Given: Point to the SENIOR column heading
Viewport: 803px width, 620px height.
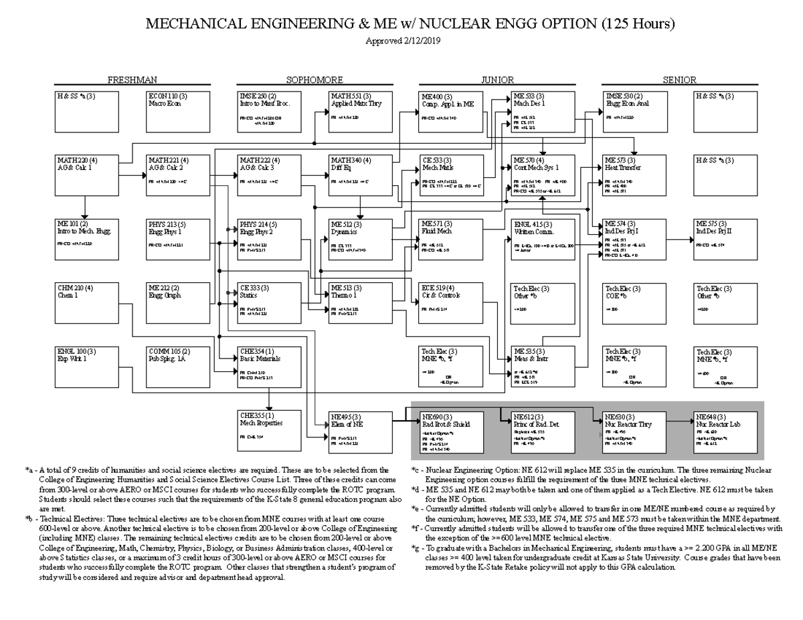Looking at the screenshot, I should click(680, 80).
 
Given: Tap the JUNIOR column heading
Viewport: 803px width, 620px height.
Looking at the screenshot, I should click(497, 80).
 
